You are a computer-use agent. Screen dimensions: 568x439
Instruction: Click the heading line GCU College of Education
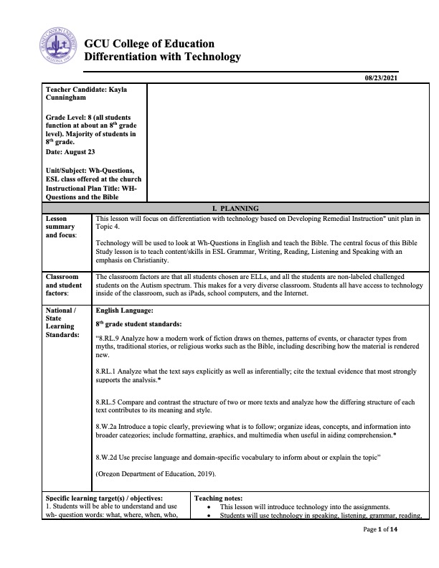(149, 44)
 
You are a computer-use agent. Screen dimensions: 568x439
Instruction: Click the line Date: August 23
(70, 152)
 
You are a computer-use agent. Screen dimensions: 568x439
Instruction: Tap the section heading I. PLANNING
(219, 207)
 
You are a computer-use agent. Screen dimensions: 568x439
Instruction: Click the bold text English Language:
(124, 311)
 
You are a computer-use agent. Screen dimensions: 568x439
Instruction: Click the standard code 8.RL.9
(108, 337)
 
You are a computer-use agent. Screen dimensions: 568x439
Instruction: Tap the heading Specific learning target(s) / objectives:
(105, 498)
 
